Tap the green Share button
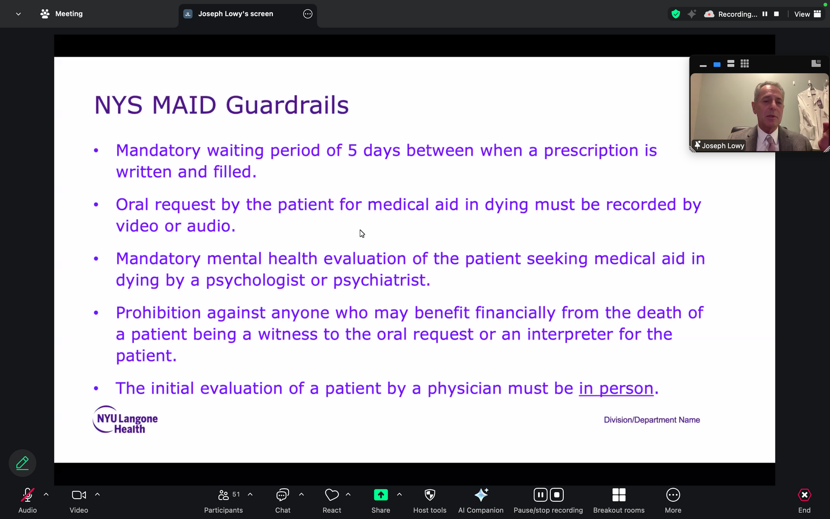(x=381, y=495)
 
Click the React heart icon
(x=332, y=495)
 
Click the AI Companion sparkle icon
(x=481, y=495)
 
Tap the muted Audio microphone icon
(x=27, y=495)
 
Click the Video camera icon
(x=79, y=495)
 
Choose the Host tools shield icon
(x=430, y=495)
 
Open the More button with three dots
(x=673, y=495)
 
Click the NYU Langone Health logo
(x=125, y=420)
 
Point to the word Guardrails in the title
(x=287, y=105)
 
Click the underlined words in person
(x=616, y=388)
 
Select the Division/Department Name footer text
(x=652, y=420)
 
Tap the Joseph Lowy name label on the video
(x=723, y=146)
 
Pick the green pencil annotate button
(x=22, y=463)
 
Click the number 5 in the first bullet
(x=352, y=151)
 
